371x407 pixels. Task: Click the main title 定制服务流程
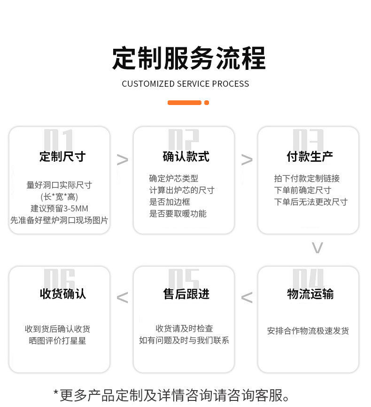189,59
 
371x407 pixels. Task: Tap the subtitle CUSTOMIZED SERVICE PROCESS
185,84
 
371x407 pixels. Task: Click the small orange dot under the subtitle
207,103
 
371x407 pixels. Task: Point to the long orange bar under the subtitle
185,103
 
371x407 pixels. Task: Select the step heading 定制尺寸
62,156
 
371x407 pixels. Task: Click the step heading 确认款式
185,156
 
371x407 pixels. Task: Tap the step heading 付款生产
310,156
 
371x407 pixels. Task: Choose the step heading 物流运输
310,294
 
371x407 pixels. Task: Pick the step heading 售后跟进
186,294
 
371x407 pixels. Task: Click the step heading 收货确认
62,294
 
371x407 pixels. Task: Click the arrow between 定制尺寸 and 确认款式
122,160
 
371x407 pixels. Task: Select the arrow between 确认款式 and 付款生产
247,160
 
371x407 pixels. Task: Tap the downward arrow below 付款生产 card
317,248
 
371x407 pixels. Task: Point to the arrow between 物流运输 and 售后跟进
247,297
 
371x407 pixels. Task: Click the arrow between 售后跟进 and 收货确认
122,297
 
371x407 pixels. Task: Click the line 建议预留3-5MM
60,208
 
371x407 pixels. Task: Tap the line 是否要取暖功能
178,214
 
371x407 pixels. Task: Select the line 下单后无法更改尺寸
310,202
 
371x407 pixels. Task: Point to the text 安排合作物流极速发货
308,331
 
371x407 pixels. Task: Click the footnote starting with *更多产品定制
172,395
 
